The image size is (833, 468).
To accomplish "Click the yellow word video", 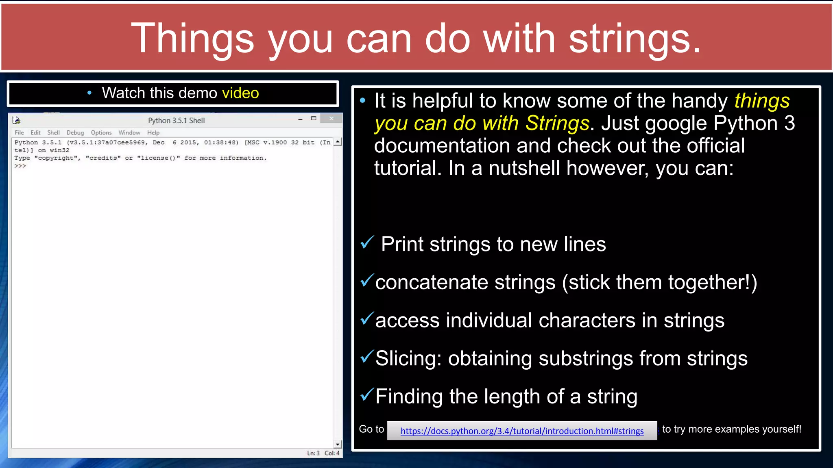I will (x=240, y=93).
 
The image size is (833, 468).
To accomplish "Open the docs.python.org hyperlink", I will (x=522, y=431).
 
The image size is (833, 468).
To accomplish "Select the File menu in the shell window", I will (x=19, y=132).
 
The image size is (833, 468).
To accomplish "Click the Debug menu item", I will (x=75, y=132).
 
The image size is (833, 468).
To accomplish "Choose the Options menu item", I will (x=101, y=132).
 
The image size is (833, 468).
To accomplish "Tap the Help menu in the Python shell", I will (x=153, y=132).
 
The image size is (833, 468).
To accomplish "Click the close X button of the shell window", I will (x=331, y=119).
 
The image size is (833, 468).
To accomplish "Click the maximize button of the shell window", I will (x=314, y=119).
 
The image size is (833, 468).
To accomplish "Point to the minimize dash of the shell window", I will (x=300, y=119).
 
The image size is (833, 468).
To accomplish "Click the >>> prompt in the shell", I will (x=20, y=166).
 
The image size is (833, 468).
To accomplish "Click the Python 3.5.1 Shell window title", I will (x=176, y=120).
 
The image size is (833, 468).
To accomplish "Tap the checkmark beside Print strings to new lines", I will (x=367, y=243).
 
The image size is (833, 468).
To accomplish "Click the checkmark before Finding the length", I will (x=367, y=394).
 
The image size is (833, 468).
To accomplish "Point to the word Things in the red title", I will (x=192, y=39).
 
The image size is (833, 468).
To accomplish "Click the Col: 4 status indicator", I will (x=332, y=453).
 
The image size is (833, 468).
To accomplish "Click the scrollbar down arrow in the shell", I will (x=338, y=444).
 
